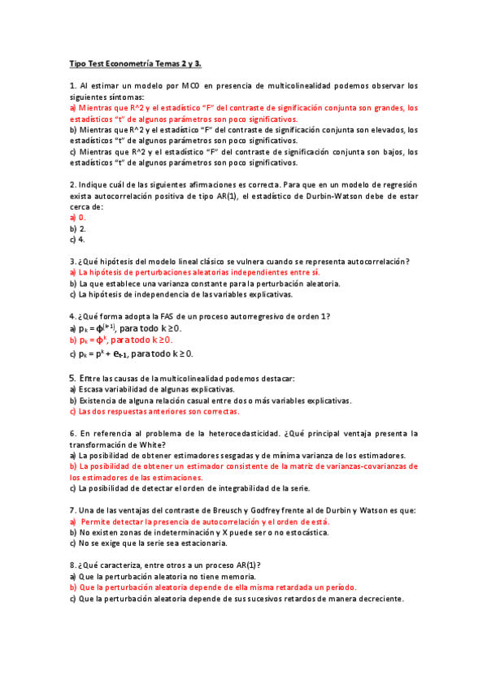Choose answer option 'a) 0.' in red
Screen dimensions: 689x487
tap(77, 218)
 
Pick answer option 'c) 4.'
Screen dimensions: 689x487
tap(77, 240)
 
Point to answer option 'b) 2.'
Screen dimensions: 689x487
tap(77, 228)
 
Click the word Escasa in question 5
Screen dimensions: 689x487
tap(91, 389)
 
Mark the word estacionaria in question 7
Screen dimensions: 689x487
tap(198, 543)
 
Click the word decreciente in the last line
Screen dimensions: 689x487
tap(378, 598)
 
